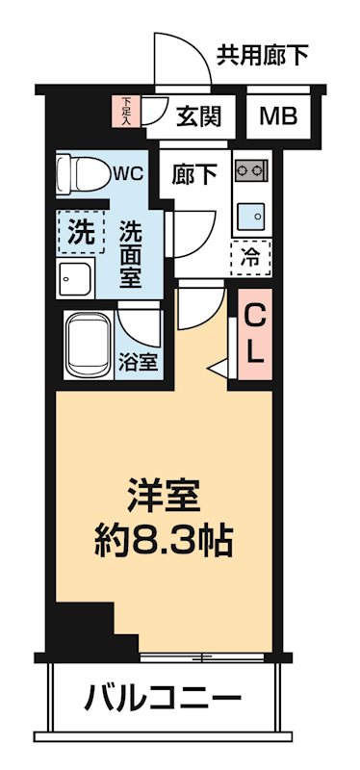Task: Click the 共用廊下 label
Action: (x=263, y=56)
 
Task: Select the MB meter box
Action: (x=279, y=116)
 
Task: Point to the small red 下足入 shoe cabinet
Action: (x=129, y=110)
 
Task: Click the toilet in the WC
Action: (x=81, y=174)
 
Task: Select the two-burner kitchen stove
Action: (x=251, y=171)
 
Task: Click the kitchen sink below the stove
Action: (x=252, y=213)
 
